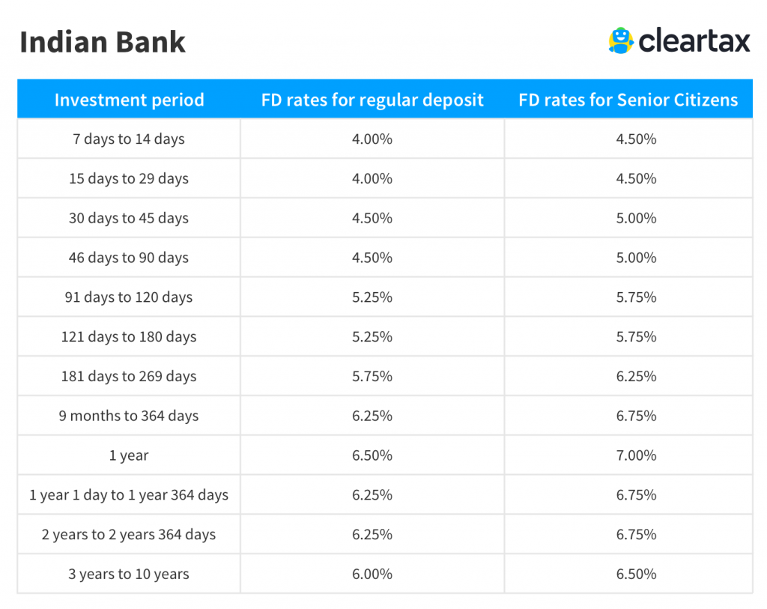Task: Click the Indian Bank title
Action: pyautogui.click(x=102, y=42)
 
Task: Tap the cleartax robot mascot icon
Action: pyautogui.click(x=621, y=40)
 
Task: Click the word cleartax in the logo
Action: pyautogui.click(x=694, y=40)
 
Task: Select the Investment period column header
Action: pyautogui.click(x=129, y=100)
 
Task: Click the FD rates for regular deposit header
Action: pyautogui.click(x=372, y=100)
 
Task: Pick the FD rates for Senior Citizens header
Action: pyautogui.click(x=628, y=100)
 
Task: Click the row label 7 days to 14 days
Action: pyautogui.click(x=129, y=139)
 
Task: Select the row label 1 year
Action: pyautogui.click(x=129, y=456)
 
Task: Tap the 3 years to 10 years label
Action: pyautogui.click(x=129, y=575)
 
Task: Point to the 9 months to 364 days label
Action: pyautogui.click(x=129, y=416)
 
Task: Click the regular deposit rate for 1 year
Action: pyautogui.click(x=372, y=455)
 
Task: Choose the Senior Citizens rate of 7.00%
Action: pyautogui.click(x=637, y=455)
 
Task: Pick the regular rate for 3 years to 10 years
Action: pyautogui.click(x=372, y=575)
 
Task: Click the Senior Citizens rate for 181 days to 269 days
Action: pyautogui.click(x=637, y=376)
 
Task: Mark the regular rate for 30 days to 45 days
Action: pyautogui.click(x=372, y=218)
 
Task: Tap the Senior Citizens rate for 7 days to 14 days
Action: pyautogui.click(x=637, y=139)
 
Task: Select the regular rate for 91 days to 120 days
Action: pyautogui.click(x=372, y=297)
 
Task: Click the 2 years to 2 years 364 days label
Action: pyautogui.click(x=129, y=535)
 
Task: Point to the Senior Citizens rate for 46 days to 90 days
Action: pyautogui.click(x=637, y=258)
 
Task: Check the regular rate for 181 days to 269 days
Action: pyautogui.click(x=372, y=376)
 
